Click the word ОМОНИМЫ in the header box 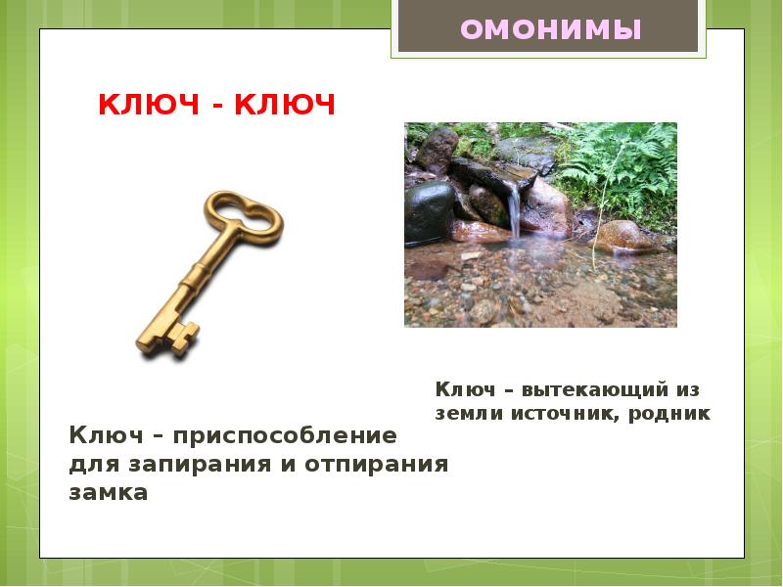pyautogui.click(x=550, y=29)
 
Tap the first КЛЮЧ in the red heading pyautogui.click(x=146, y=105)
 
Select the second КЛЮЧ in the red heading pyautogui.click(x=284, y=105)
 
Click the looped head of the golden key pyautogui.click(x=243, y=216)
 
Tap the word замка pyautogui.click(x=109, y=493)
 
